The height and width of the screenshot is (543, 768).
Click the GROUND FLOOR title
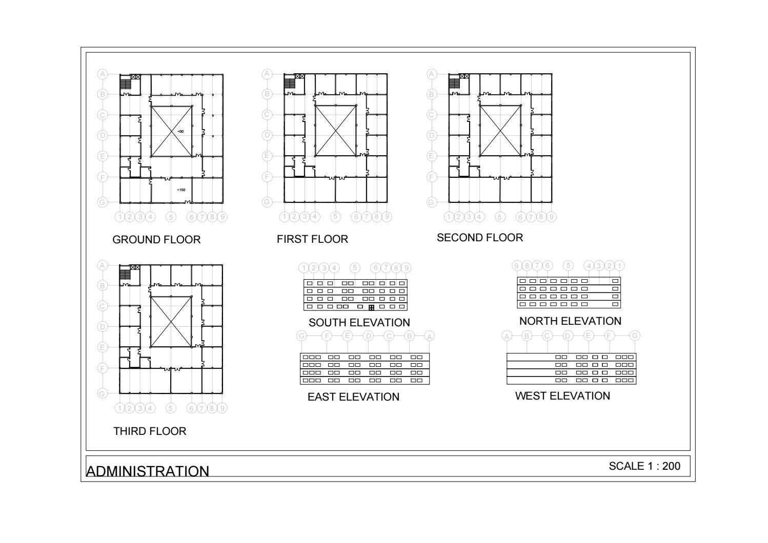(156, 240)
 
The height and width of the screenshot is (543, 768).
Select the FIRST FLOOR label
(312, 239)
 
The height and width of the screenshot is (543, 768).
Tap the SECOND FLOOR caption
(480, 238)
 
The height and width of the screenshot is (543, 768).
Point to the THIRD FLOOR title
(150, 431)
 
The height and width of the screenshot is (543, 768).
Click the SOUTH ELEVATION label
(359, 323)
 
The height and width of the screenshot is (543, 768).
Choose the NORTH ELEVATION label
(570, 321)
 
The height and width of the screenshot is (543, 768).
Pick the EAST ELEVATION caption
(353, 397)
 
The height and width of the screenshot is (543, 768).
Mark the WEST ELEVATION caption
(562, 396)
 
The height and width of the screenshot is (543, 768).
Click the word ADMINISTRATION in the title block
(148, 471)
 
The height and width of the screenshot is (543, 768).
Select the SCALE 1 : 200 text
(644, 466)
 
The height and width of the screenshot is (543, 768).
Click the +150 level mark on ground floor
(181, 190)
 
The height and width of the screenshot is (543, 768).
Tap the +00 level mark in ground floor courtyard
(180, 132)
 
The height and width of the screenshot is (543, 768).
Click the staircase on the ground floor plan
(125, 83)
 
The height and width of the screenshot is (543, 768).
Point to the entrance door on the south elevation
(371, 307)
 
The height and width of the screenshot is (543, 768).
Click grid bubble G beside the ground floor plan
(103, 202)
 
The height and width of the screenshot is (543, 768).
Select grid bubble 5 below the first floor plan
(336, 217)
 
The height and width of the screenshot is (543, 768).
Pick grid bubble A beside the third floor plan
(103, 265)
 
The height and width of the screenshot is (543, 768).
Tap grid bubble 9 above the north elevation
(517, 265)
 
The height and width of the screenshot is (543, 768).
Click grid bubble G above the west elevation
(635, 336)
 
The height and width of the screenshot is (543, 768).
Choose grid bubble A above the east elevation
(430, 336)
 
